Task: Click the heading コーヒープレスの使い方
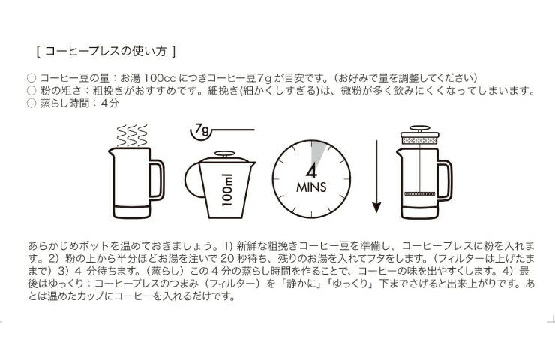click(x=106, y=51)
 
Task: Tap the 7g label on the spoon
click(x=202, y=130)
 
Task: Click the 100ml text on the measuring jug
click(x=227, y=190)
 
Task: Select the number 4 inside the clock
click(x=311, y=172)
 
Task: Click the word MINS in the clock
click(x=311, y=187)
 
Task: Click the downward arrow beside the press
click(x=376, y=177)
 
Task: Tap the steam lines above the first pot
click(x=132, y=136)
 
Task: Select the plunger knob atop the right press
click(x=420, y=128)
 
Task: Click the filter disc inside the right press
click(x=420, y=194)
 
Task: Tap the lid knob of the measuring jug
click(x=225, y=154)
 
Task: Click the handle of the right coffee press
click(x=445, y=179)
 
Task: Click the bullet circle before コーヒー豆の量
click(x=31, y=78)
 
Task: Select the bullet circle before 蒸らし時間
click(x=31, y=103)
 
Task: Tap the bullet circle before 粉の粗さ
click(x=31, y=91)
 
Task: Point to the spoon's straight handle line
click(x=233, y=130)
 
